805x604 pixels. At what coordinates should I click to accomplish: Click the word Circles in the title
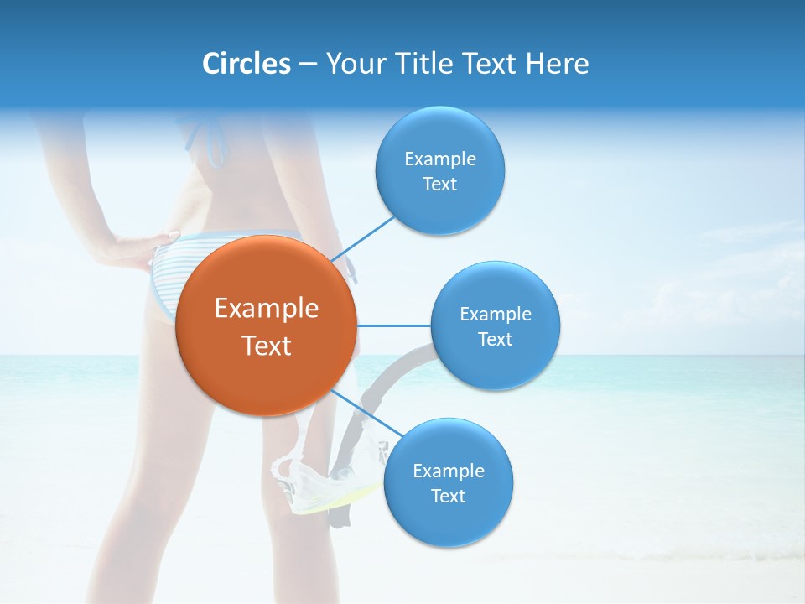tap(247, 64)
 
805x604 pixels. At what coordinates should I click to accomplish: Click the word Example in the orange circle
tap(267, 309)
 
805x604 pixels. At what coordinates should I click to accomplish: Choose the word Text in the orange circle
tap(267, 346)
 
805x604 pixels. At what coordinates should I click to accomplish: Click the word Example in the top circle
tap(440, 159)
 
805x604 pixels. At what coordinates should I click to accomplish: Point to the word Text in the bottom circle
tap(448, 496)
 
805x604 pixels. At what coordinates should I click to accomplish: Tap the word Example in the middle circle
tap(496, 314)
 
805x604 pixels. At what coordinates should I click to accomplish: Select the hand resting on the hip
tap(134, 249)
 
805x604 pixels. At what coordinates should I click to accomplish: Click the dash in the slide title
tap(308, 65)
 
